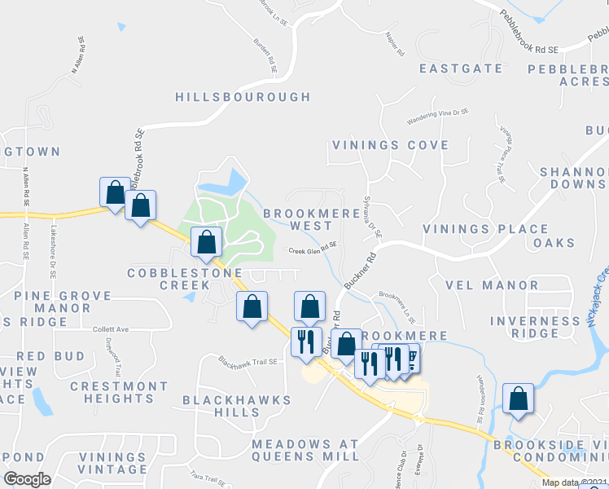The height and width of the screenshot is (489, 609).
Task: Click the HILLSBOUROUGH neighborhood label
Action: pyautogui.click(x=243, y=97)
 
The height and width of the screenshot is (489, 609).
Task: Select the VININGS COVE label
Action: pyautogui.click(x=389, y=145)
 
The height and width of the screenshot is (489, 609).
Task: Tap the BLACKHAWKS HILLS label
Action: pyautogui.click(x=224, y=406)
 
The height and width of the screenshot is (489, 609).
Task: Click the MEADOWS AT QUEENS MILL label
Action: pyautogui.click(x=304, y=450)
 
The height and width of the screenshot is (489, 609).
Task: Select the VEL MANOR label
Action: pyautogui.click(x=492, y=286)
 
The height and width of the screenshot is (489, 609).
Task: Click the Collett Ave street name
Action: pyautogui.click(x=112, y=329)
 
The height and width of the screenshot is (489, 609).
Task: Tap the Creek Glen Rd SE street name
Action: pyautogui.click(x=313, y=251)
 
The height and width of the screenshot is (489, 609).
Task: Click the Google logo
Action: pyautogui.click(x=28, y=478)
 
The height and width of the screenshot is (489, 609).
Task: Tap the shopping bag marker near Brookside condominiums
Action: pyautogui.click(x=518, y=399)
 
